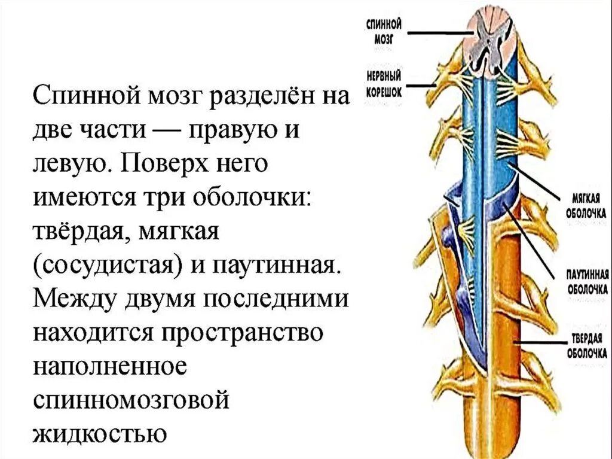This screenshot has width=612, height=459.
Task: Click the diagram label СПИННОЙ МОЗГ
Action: [x=384, y=30]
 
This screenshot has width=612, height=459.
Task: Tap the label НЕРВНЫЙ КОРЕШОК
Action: [x=383, y=82]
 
